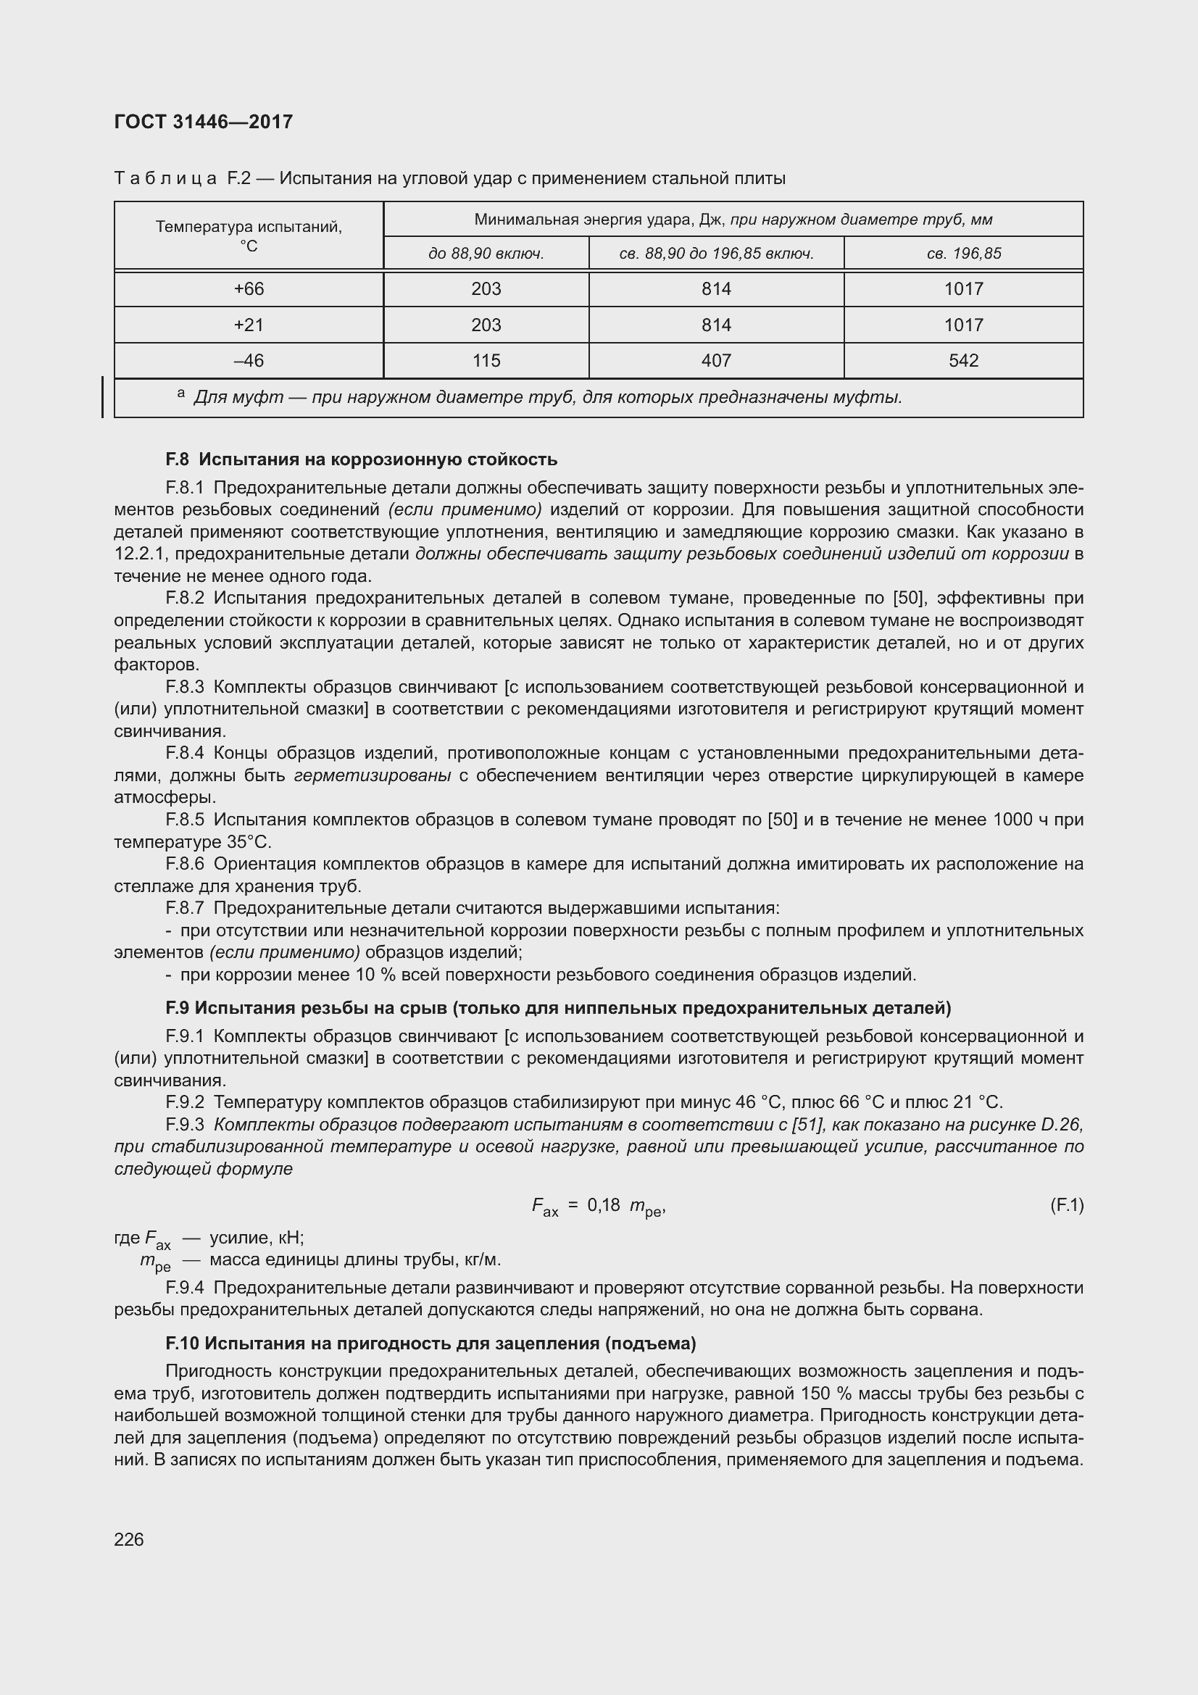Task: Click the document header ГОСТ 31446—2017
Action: (x=203, y=122)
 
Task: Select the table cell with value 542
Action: (x=963, y=361)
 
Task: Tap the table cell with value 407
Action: (x=716, y=361)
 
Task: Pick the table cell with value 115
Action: (x=486, y=361)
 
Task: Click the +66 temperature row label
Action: (x=249, y=289)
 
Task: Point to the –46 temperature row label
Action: (x=249, y=361)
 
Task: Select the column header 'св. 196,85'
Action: (x=963, y=254)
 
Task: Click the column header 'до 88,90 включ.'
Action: (x=486, y=254)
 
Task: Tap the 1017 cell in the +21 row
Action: (x=963, y=325)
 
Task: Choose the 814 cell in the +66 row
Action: (x=716, y=289)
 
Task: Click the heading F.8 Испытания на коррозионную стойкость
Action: (x=361, y=460)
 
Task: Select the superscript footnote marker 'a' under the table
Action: (x=181, y=394)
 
